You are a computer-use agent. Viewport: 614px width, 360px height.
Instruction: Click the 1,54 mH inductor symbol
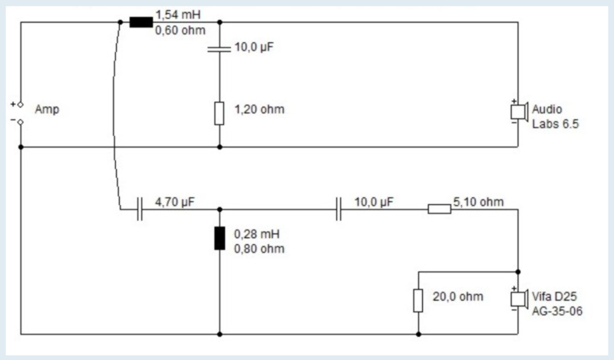[x=140, y=21]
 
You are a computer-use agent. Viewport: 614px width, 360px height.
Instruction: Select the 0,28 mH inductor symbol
[x=220, y=239]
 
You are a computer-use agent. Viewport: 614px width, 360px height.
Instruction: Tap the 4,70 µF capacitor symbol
[x=140, y=208]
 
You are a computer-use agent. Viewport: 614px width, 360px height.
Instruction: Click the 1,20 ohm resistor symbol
[x=220, y=114]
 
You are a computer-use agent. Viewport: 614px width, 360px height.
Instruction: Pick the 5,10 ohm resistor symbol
[x=439, y=208]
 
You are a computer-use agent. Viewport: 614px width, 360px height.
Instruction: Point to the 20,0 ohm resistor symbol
[x=418, y=300]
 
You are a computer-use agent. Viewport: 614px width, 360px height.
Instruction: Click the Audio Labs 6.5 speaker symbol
[x=518, y=111]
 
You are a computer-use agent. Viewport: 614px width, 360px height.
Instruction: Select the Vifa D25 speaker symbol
[x=518, y=299]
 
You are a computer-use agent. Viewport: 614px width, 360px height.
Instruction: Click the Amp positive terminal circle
[x=21, y=104]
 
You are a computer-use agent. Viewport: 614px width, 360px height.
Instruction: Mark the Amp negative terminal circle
[x=21, y=121]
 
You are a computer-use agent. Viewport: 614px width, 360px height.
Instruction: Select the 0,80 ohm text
[x=258, y=248]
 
